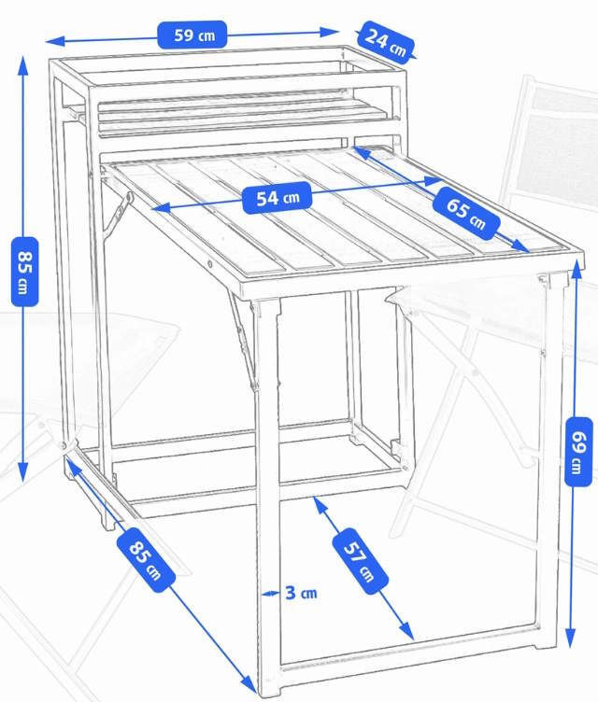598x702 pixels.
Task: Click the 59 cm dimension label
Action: click(x=192, y=35)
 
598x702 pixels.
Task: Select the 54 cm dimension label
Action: click(x=277, y=198)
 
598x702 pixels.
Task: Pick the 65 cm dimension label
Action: click(x=466, y=213)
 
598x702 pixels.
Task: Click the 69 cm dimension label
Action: click(x=578, y=451)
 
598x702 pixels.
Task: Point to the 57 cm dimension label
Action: click(x=360, y=561)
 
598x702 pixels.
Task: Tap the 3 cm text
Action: click(x=301, y=593)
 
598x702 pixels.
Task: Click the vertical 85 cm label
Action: click(x=24, y=272)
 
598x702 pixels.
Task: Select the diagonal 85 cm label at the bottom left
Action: click(x=146, y=559)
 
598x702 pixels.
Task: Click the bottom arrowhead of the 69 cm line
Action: click(x=570, y=638)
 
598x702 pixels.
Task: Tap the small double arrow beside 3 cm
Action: click(x=270, y=594)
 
